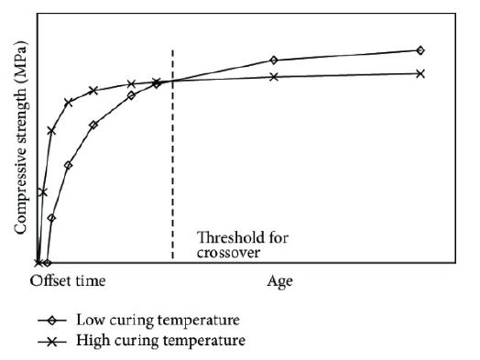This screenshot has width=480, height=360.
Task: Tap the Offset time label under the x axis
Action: [69, 280]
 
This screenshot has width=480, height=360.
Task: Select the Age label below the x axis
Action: [279, 280]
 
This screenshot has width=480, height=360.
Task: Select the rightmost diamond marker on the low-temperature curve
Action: [420, 50]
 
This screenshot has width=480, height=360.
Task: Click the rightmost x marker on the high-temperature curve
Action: [420, 73]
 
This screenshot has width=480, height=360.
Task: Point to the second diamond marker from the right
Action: [274, 60]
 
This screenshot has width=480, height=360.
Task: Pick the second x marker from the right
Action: [274, 76]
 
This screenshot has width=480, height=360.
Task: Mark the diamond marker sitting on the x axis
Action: [47, 262]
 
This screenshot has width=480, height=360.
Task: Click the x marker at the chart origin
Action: [38, 262]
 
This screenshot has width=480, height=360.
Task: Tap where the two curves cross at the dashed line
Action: [172, 81]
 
